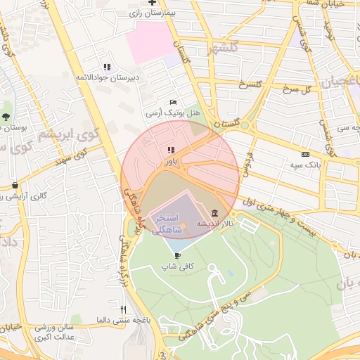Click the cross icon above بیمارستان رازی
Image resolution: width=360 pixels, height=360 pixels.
152,4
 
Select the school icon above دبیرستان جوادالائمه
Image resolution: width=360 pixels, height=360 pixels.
107,67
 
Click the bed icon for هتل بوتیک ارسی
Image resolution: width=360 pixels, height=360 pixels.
173,103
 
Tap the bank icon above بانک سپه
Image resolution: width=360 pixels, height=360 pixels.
304,154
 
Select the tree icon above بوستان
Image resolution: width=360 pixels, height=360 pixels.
7,116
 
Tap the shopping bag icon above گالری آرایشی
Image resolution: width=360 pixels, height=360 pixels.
15,185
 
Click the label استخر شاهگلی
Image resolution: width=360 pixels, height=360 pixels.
167,224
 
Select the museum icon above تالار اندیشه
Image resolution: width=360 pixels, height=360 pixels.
214,213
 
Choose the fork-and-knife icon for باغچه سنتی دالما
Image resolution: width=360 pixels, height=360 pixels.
123,309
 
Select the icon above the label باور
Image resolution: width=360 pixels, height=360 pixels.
170,150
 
